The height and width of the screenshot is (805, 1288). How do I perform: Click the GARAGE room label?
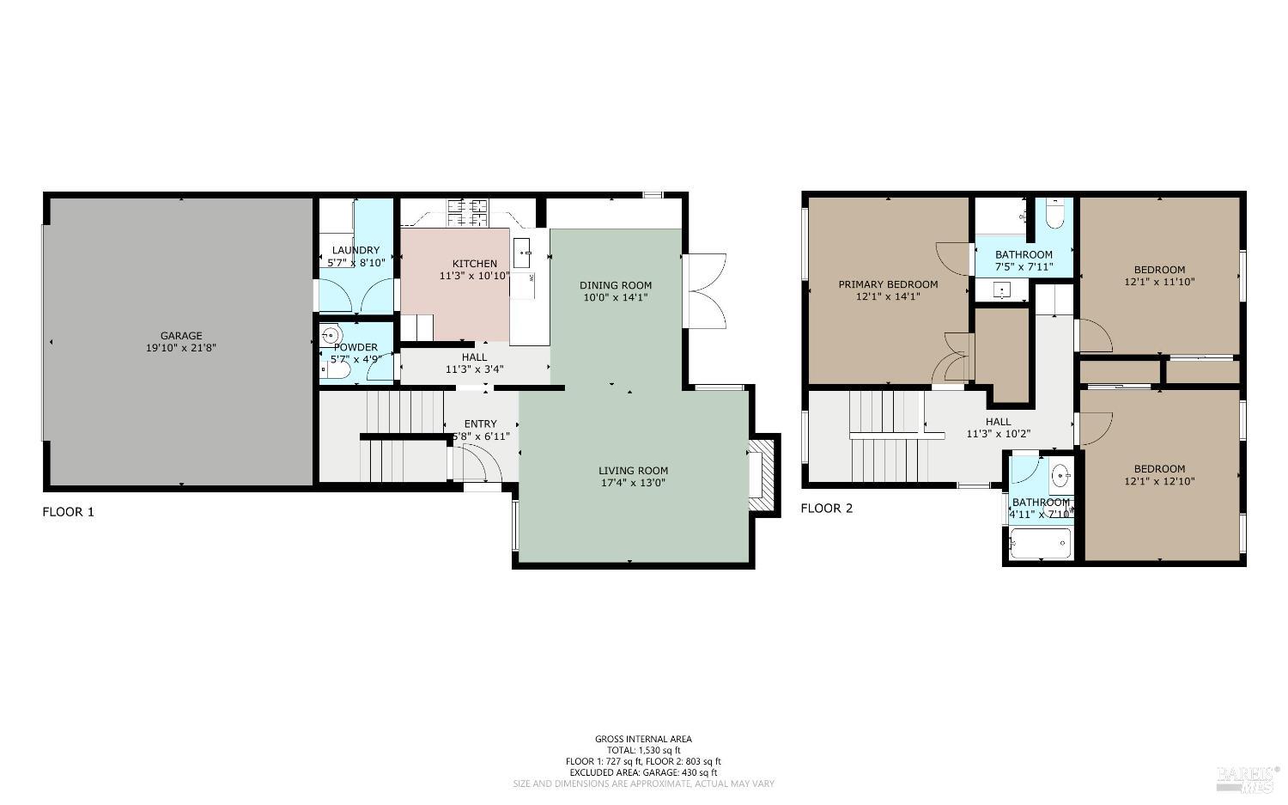(x=181, y=336)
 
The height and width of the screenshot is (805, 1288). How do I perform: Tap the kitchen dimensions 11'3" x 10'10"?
(x=474, y=277)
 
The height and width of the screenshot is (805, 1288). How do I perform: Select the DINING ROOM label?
(x=615, y=285)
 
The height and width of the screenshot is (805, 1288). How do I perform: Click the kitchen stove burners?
(x=467, y=211)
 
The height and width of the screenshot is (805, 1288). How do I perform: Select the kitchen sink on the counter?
(x=523, y=253)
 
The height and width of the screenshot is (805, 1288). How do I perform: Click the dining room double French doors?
(x=706, y=290)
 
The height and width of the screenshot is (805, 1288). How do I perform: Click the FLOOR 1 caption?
(x=68, y=512)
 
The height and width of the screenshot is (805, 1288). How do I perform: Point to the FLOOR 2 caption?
(x=826, y=509)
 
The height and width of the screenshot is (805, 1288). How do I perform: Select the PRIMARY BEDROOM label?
(x=888, y=284)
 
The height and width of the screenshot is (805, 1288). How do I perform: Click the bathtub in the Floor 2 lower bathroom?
(x=1040, y=544)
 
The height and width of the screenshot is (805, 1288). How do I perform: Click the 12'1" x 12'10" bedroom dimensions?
(x=1159, y=481)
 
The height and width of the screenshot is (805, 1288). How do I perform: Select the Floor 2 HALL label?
(x=998, y=422)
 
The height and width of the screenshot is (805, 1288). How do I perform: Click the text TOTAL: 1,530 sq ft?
(x=643, y=750)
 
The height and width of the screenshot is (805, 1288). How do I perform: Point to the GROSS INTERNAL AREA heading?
(x=643, y=739)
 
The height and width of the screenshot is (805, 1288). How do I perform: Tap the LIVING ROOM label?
(x=633, y=471)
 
